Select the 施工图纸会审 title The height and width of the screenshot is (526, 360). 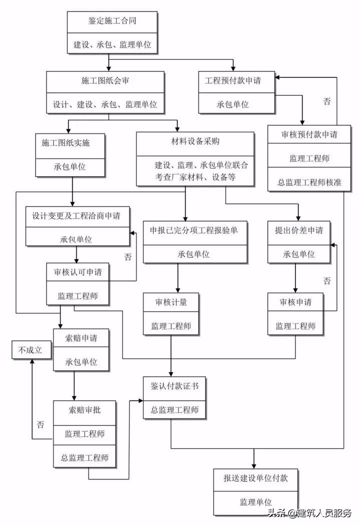pyautogui.click(x=105, y=80)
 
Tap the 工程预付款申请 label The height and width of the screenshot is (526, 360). pyautogui.click(x=233, y=80)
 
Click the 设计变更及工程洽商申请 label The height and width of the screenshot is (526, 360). pyautogui.click(x=75, y=215)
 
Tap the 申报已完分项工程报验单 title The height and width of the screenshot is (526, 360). pyautogui.click(x=193, y=230)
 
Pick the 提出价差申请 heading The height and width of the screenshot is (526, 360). pyautogui.click(x=298, y=230)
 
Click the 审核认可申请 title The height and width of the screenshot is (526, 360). pyautogui.click(x=77, y=272)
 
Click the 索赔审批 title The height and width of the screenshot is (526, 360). pyautogui.click(x=84, y=410)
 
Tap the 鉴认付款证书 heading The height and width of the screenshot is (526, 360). pyautogui.click(x=171, y=386)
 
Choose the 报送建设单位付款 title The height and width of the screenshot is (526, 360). pyautogui.click(x=255, y=478)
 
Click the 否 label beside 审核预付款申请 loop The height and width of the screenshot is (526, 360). pyautogui.click(x=326, y=102)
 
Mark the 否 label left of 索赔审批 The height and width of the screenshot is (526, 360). pyautogui.click(x=40, y=424)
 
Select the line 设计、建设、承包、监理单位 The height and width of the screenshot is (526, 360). pyautogui.click(x=105, y=105)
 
